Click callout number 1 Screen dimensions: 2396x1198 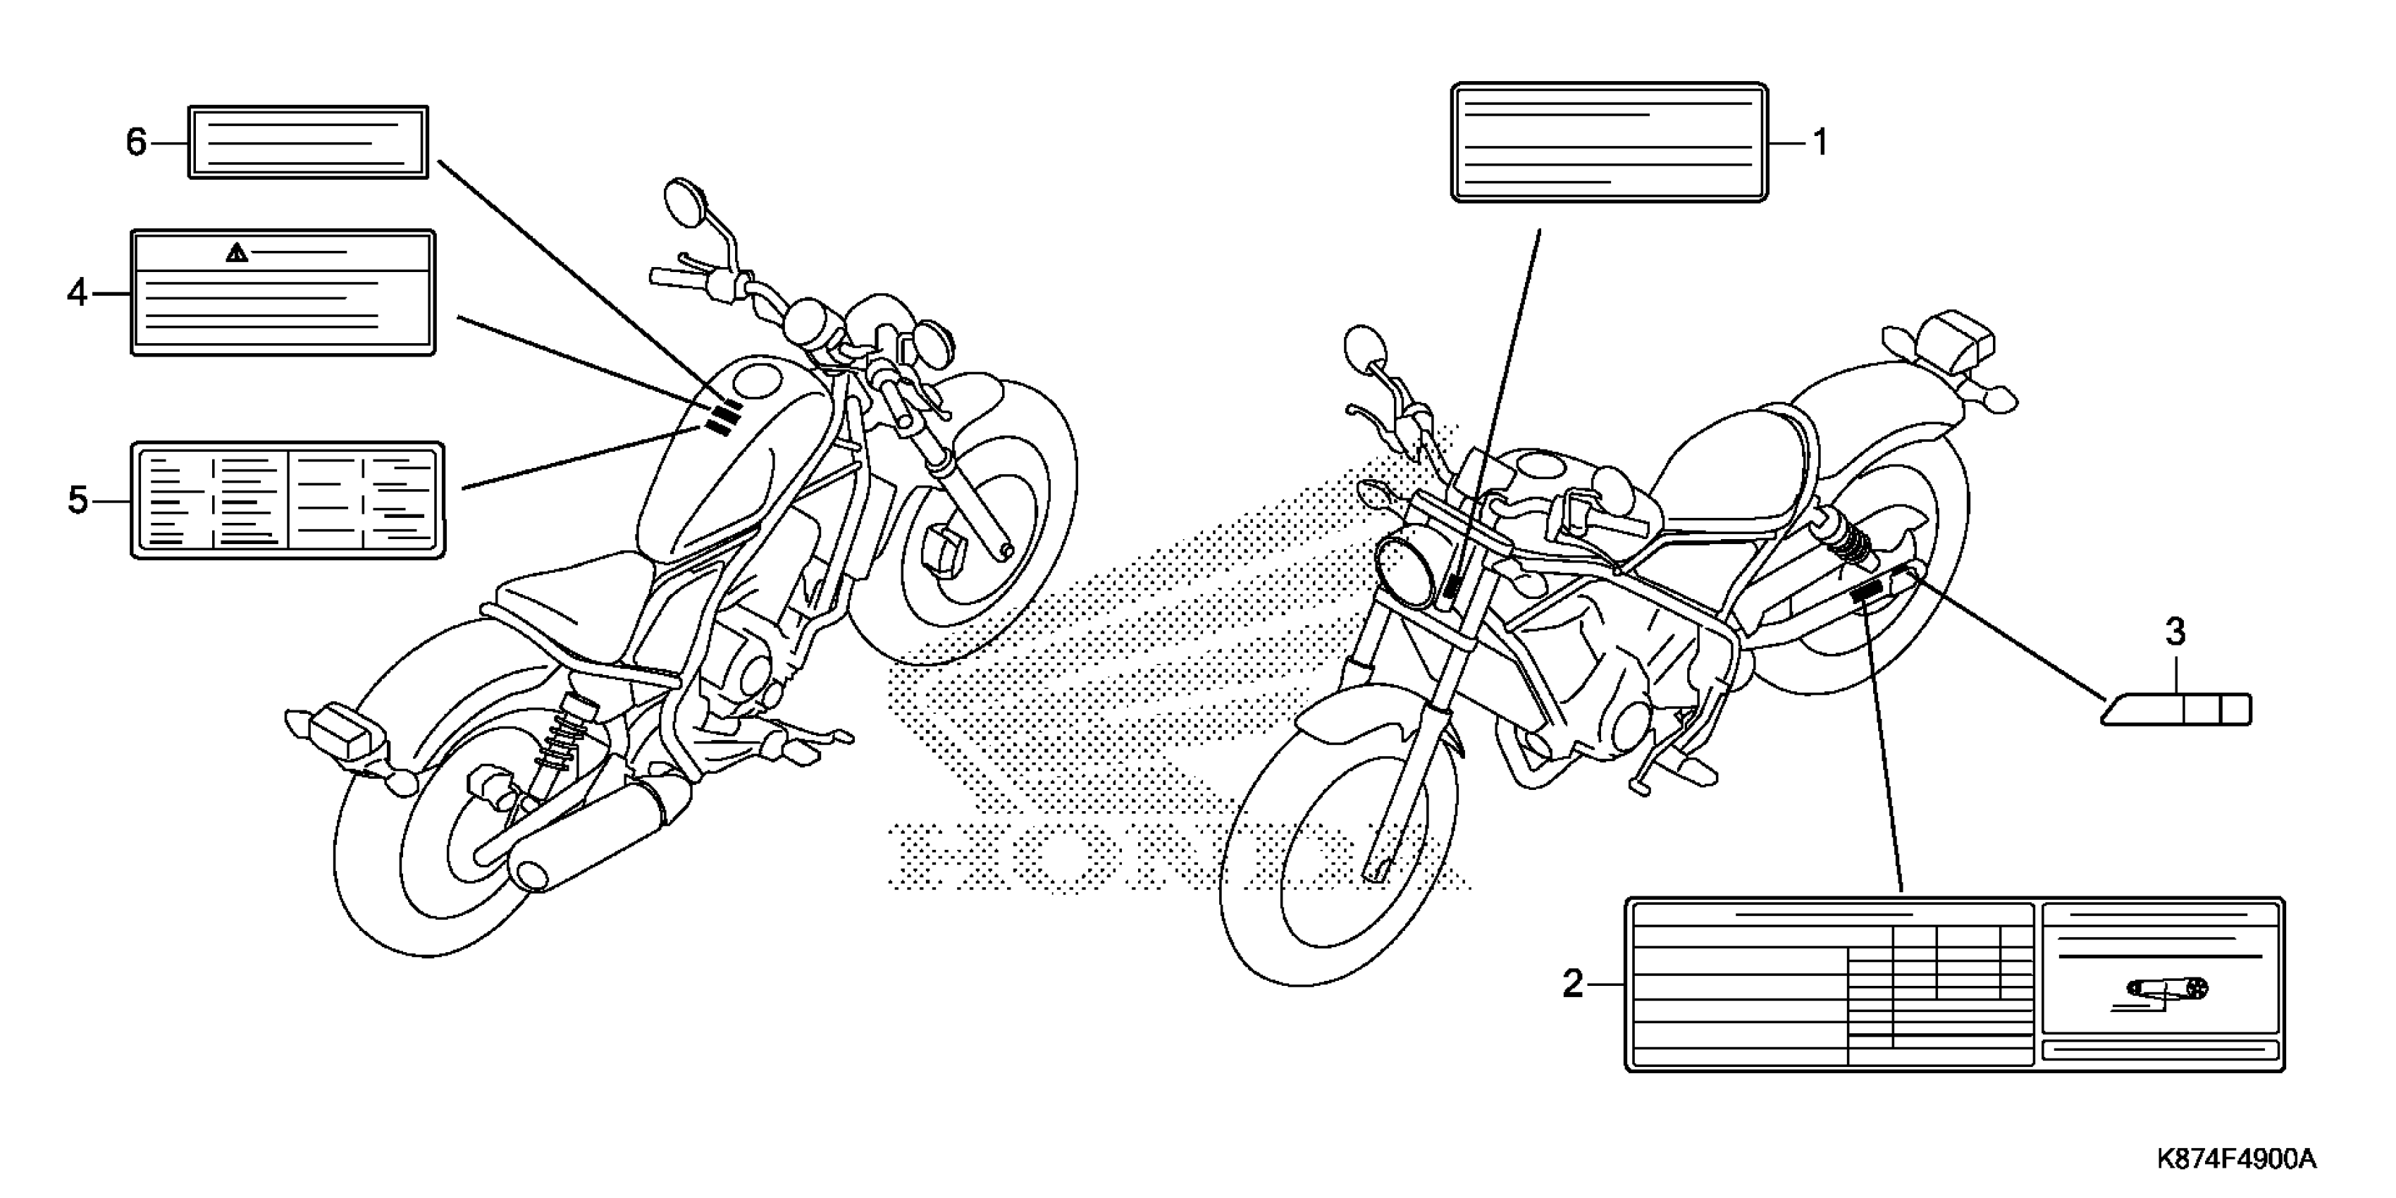(1820, 142)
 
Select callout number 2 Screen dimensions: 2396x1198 (1572, 983)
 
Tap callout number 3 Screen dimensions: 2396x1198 (2175, 633)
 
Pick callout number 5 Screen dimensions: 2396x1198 (78, 500)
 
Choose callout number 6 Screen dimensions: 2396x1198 (136, 142)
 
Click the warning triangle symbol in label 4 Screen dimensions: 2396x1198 (237, 252)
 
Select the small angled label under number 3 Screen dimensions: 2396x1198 (2177, 710)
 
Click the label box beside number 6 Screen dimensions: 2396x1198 (308, 142)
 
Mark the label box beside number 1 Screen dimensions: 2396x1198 (1608, 142)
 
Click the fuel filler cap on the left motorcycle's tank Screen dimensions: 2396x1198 (757, 381)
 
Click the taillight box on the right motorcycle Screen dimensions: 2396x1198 (1960, 341)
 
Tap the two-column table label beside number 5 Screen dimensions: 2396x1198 (288, 500)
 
